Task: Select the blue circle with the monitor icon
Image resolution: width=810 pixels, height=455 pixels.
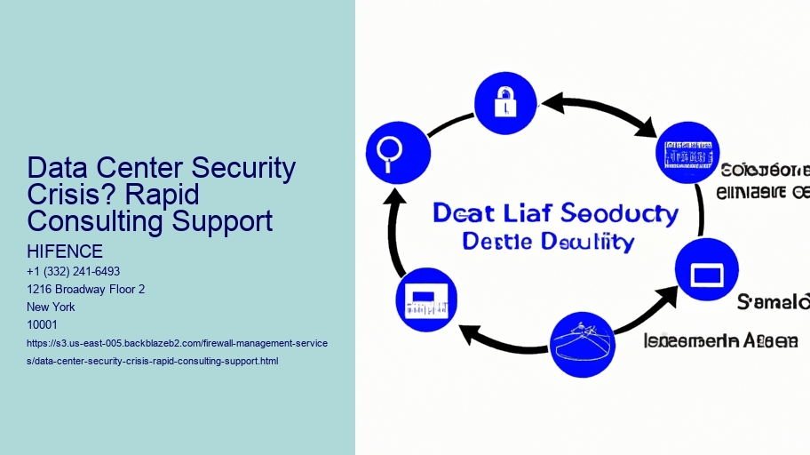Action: (707, 269)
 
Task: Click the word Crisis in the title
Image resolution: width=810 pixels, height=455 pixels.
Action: (67, 194)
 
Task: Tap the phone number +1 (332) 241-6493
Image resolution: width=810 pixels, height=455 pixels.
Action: (74, 271)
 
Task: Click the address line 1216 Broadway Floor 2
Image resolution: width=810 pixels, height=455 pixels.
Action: (86, 289)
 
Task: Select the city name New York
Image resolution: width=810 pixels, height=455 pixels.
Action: (52, 307)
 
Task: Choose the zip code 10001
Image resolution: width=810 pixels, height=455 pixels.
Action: (44, 324)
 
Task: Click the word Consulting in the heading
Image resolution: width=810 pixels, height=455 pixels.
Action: (97, 220)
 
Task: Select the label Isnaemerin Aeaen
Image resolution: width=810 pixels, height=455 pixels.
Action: (720, 340)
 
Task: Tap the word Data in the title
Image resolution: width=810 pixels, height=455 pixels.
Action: (61, 167)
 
